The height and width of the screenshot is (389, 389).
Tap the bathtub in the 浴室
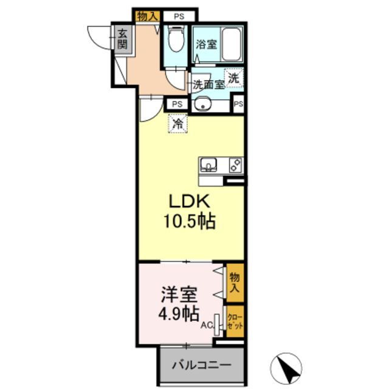point(232,44)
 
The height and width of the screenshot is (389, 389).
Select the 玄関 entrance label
point(122,39)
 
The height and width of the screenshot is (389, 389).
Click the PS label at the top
point(179,16)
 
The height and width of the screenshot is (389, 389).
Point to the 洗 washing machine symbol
point(233,78)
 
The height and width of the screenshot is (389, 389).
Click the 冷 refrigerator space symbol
point(177,123)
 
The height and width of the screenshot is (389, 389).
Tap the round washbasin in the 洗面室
point(202,105)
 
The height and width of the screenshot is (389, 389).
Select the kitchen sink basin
point(208,165)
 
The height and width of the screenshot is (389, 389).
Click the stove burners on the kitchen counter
point(235,165)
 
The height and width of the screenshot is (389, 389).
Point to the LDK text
point(190,201)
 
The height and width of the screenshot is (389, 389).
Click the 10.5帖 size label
point(189,221)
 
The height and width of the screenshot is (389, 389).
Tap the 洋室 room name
point(179,294)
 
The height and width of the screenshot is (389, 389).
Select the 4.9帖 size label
point(179,314)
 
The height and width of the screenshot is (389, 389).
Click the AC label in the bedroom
point(207,325)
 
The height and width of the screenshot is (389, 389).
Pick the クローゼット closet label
point(235,322)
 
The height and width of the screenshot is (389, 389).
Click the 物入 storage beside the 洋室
point(235,283)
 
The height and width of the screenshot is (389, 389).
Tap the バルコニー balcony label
point(201,365)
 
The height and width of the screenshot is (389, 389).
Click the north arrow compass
point(286,368)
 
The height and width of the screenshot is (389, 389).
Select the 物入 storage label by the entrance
point(147,16)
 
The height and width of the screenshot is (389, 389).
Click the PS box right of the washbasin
point(238,104)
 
